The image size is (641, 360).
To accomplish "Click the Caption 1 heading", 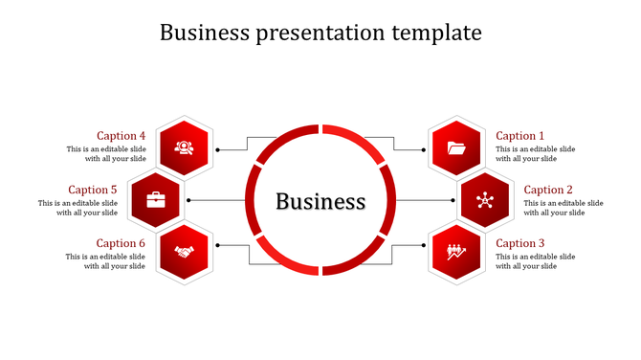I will (x=519, y=136).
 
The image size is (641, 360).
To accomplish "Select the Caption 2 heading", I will (x=548, y=190).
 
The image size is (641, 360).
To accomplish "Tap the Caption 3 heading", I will (x=519, y=243).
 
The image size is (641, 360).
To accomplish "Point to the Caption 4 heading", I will (x=122, y=136).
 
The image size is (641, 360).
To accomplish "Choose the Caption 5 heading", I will (x=93, y=190).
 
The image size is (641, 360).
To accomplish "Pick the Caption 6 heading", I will (x=122, y=243).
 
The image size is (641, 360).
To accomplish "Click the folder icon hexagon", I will (x=456, y=148).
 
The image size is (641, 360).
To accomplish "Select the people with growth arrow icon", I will (x=456, y=252).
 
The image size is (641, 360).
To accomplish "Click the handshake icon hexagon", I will (x=185, y=252).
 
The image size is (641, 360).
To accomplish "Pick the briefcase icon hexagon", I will (x=156, y=200).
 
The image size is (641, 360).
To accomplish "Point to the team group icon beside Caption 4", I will (x=185, y=148).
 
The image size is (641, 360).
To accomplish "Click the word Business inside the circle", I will (x=320, y=201).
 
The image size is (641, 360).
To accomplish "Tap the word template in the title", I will (x=436, y=33).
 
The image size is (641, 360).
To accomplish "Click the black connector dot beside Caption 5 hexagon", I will (x=188, y=200).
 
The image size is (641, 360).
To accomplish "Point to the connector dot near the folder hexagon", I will (x=424, y=149).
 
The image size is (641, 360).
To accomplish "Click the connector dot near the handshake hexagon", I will (x=217, y=245).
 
